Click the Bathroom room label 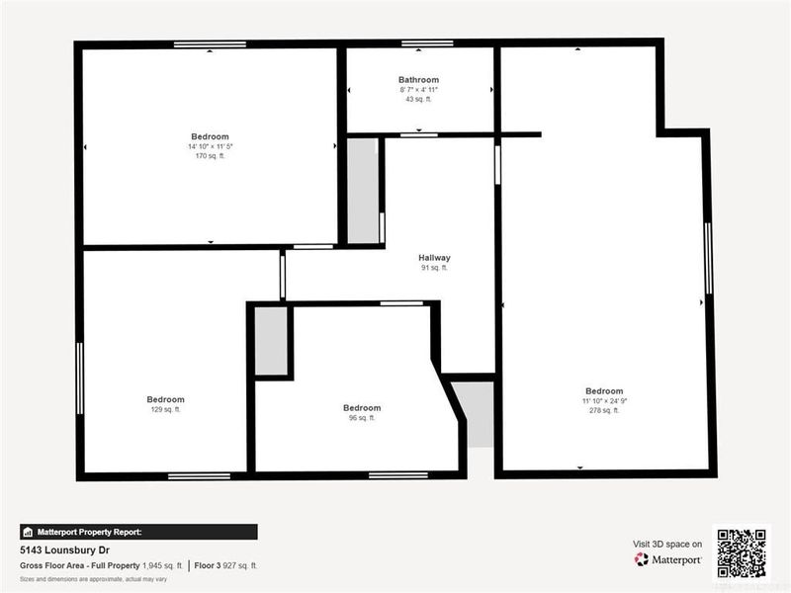pyautogui.click(x=418, y=80)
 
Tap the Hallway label pyautogui.click(x=434, y=258)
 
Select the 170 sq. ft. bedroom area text pyautogui.click(x=210, y=156)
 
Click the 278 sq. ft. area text pyautogui.click(x=603, y=410)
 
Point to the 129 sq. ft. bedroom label pyautogui.click(x=165, y=400)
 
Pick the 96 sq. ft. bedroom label pyautogui.click(x=362, y=408)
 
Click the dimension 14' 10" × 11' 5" pyautogui.click(x=210, y=146)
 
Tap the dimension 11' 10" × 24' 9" pyautogui.click(x=603, y=400)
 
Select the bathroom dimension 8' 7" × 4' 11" pyautogui.click(x=418, y=90)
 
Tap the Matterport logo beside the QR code pyautogui.click(x=668, y=559)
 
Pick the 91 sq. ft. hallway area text pyautogui.click(x=434, y=268)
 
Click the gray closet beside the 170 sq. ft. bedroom pyautogui.click(x=363, y=190)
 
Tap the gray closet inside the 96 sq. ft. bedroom pyautogui.click(x=271, y=341)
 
